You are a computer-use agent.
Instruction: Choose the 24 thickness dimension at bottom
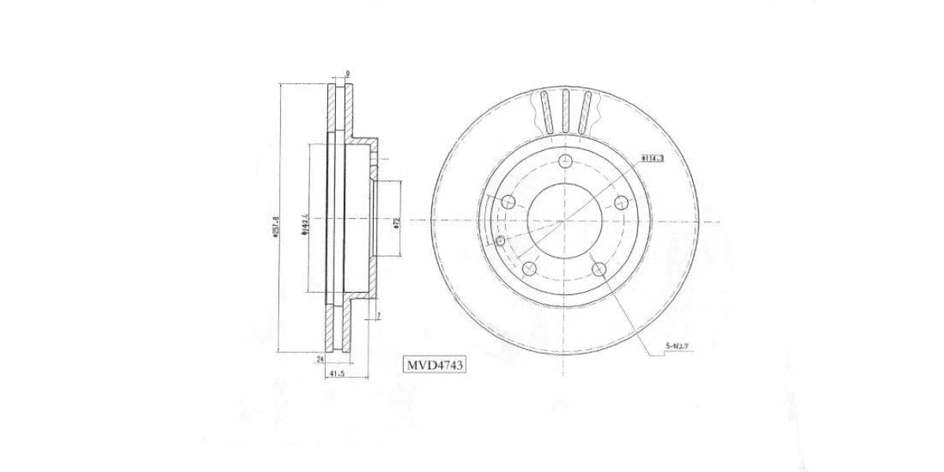319,360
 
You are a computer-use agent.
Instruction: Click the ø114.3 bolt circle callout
652,158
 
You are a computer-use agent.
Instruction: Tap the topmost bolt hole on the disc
565,161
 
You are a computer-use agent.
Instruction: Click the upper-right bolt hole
621,201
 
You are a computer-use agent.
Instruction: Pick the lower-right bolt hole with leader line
599,270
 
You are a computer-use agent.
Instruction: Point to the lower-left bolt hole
529,270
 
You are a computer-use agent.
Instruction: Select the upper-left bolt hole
508,201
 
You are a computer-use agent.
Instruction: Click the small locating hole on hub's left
500,240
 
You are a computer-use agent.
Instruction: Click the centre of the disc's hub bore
565,222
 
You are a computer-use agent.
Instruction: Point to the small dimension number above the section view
347,75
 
